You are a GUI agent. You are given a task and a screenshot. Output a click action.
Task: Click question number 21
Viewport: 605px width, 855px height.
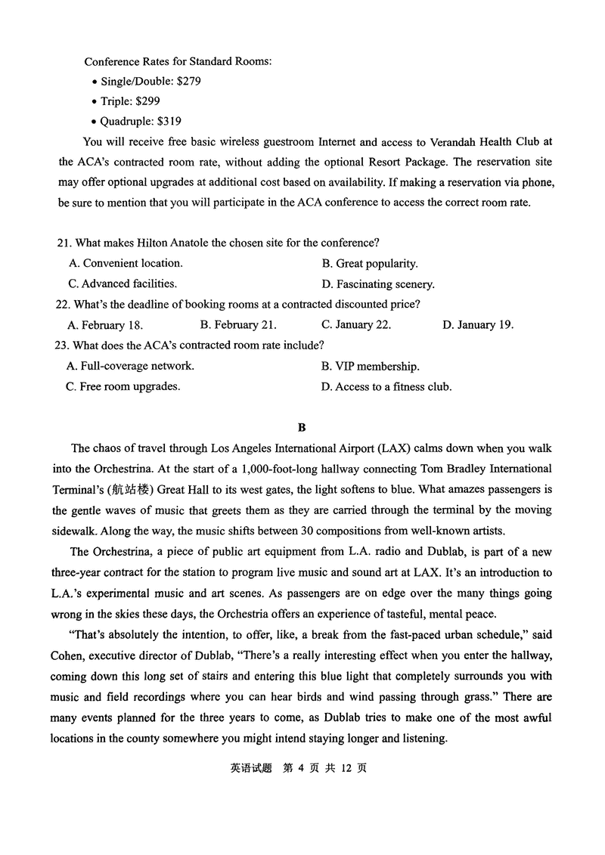tap(64, 243)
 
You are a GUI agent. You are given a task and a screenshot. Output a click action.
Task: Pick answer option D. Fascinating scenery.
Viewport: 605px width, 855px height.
tap(377, 284)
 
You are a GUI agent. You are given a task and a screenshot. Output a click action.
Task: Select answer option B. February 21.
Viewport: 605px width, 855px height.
tap(237, 325)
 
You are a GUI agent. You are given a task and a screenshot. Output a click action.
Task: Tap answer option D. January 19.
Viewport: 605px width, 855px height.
tap(477, 325)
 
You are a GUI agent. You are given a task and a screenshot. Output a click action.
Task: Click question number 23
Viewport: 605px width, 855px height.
tap(64, 345)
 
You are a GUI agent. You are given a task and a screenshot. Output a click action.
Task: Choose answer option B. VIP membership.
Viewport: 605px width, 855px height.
tap(370, 366)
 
